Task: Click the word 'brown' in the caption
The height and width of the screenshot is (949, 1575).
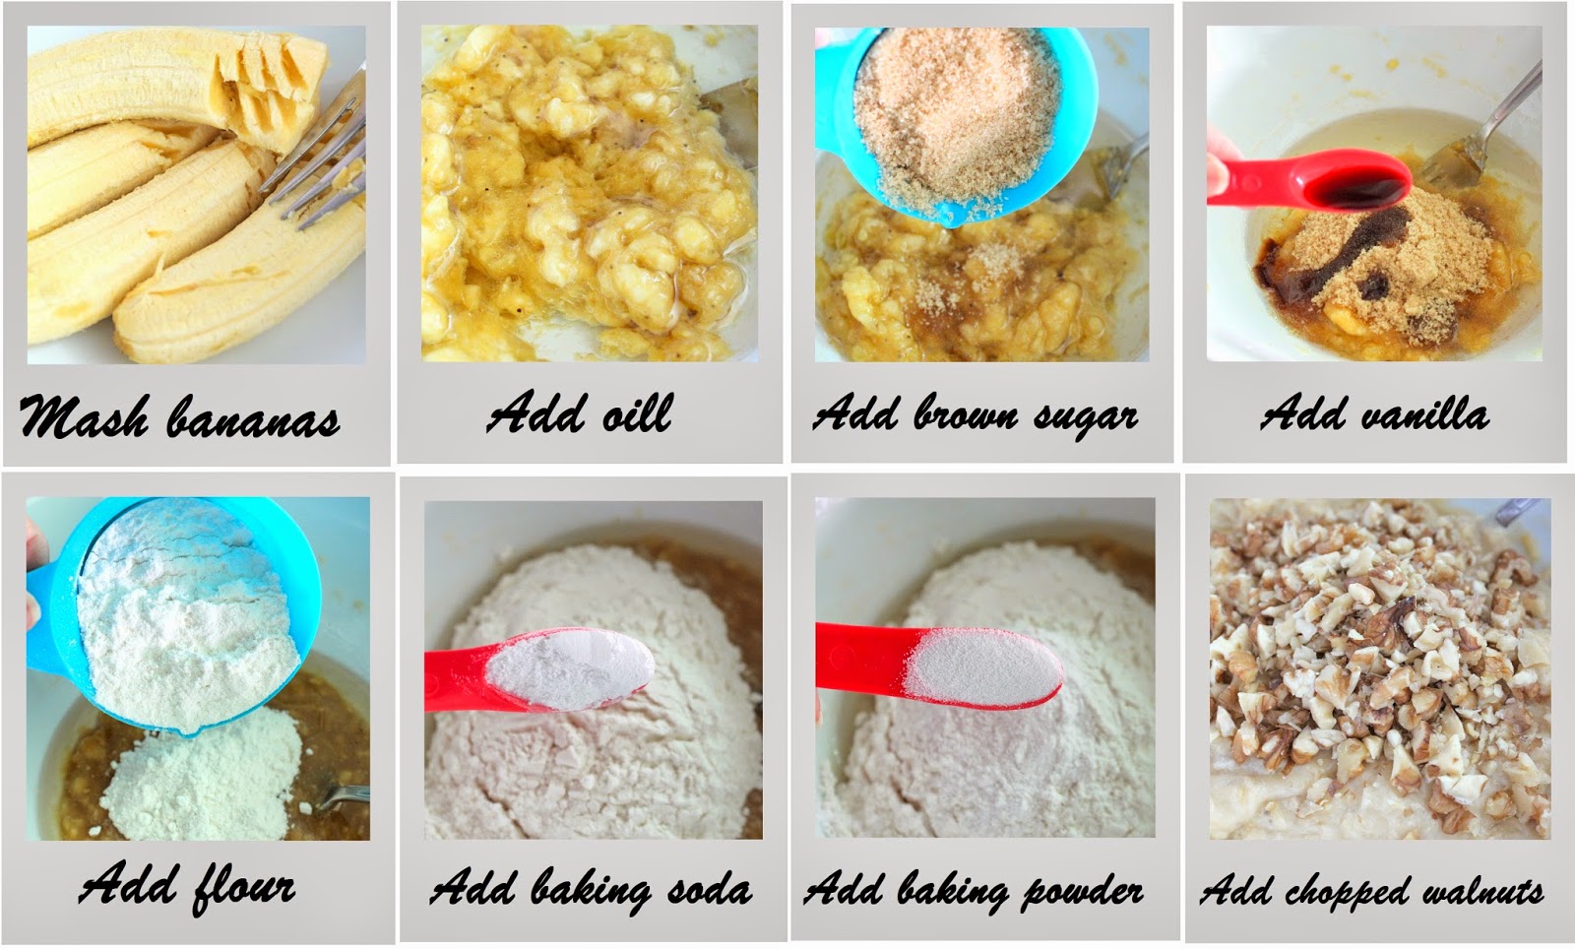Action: tap(966, 413)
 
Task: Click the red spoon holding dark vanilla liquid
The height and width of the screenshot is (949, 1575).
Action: tap(1308, 181)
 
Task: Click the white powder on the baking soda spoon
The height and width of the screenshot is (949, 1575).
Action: tap(570, 668)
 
